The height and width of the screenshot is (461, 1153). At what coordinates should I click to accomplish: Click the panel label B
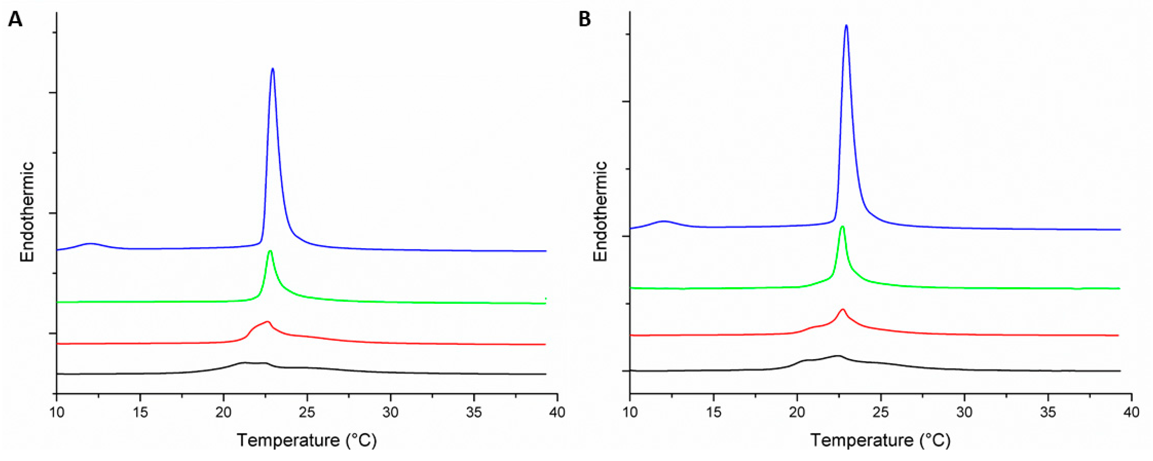click(x=585, y=20)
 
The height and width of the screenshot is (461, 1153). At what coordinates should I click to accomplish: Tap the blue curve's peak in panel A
click(x=273, y=69)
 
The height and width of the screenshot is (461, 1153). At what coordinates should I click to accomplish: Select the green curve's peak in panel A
click(x=270, y=251)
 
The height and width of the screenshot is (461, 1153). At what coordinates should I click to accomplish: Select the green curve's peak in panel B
click(x=843, y=227)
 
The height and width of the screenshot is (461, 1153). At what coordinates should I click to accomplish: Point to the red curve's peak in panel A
click(x=268, y=321)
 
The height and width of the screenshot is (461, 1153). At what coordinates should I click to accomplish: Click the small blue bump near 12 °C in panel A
click(x=91, y=244)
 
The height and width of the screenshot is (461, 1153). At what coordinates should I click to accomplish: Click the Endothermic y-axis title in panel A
click(x=27, y=211)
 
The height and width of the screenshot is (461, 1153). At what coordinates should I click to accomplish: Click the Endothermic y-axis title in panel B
click(x=600, y=211)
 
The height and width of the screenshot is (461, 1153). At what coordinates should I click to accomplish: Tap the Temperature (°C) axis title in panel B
click(x=880, y=441)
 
